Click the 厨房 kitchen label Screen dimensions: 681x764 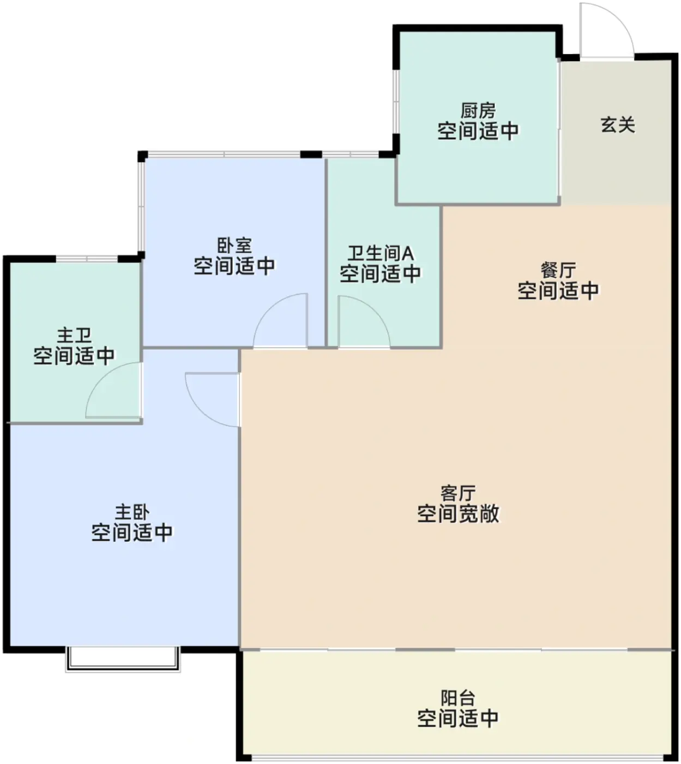478,110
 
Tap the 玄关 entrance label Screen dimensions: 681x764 618,125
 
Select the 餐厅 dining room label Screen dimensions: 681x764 558,270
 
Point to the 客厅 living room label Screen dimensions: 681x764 458,493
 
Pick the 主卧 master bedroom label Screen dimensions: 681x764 132,512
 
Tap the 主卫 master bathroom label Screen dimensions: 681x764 74,335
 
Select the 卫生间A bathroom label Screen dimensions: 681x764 380,253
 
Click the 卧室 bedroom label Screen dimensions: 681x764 234,246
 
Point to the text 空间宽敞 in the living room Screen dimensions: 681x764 458,513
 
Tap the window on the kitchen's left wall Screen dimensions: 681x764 396,102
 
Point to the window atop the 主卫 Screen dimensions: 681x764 87,259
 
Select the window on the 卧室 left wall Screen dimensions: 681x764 141,206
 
